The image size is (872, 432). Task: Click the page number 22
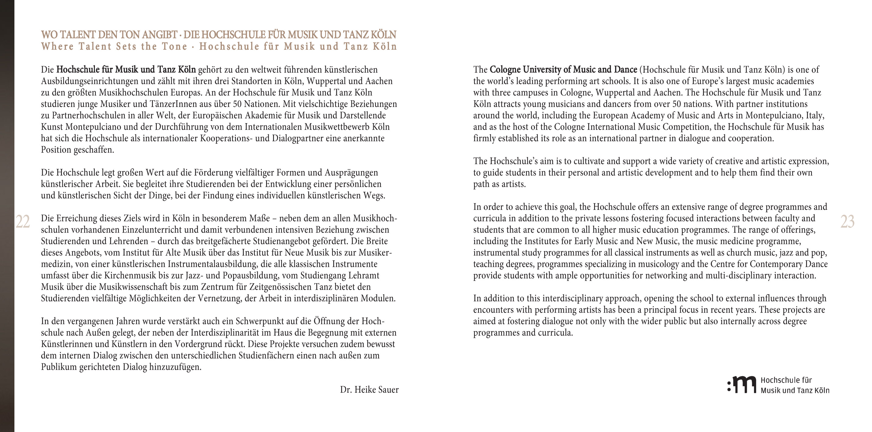pos(23,222)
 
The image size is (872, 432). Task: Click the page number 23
pos(847,222)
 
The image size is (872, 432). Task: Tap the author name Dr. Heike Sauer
pos(369,390)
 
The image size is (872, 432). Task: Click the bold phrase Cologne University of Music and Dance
pos(563,70)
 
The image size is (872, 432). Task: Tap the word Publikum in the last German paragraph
pos(59,367)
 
